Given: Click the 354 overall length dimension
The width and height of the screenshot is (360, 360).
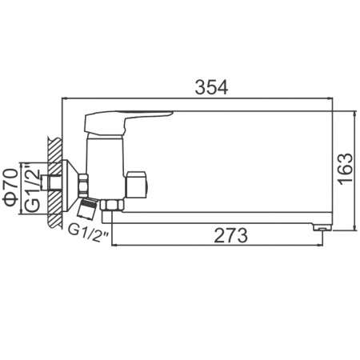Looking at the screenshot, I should [210, 87].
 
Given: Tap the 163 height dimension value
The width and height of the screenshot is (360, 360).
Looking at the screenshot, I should [343, 170].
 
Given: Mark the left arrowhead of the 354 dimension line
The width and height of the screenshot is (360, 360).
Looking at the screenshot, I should [66, 100].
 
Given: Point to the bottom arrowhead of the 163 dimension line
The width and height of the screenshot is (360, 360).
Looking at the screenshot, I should [352, 230].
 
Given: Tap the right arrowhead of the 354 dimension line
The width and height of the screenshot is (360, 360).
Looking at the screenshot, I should [330, 100].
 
